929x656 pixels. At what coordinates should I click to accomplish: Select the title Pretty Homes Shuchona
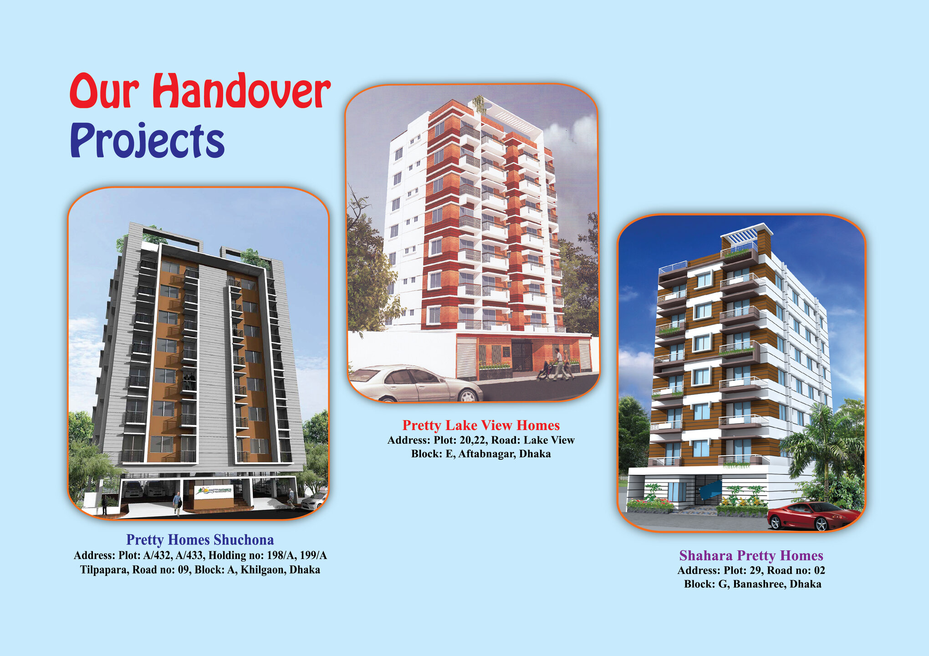[x=200, y=540]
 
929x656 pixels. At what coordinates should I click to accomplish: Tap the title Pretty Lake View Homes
[x=481, y=425]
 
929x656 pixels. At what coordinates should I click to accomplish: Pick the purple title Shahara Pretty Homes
[x=751, y=556]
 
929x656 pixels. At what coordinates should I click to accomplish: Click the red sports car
[x=813, y=516]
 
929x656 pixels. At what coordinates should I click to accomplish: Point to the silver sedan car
[x=415, y=384]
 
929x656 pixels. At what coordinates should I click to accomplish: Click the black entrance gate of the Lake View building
[x=522, y=355]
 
